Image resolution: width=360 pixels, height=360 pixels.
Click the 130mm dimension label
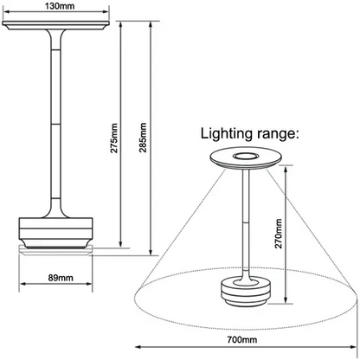57,8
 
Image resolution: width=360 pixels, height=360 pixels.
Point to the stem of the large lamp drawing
58,121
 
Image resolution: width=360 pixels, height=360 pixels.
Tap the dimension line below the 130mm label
58,16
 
